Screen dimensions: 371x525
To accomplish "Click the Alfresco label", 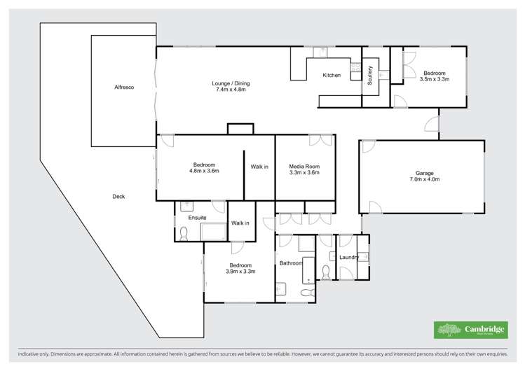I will point(124,87).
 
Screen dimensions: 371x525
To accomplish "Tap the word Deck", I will point(118,196).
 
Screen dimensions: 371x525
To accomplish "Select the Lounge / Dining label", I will point(231,87).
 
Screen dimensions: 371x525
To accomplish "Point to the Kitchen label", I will point(331,75).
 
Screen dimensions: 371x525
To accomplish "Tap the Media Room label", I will point(304,169).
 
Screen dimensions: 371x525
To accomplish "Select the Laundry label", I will point(349,257).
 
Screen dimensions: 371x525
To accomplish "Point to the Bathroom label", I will point(290,263).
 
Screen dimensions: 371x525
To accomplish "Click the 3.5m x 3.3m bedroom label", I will point(434,76).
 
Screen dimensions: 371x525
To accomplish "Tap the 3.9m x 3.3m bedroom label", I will point(240,267).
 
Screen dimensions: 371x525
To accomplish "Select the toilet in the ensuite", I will point(184,234).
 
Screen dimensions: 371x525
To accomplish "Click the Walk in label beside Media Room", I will point(259,167).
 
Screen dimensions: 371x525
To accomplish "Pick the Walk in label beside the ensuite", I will point(240,223).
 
